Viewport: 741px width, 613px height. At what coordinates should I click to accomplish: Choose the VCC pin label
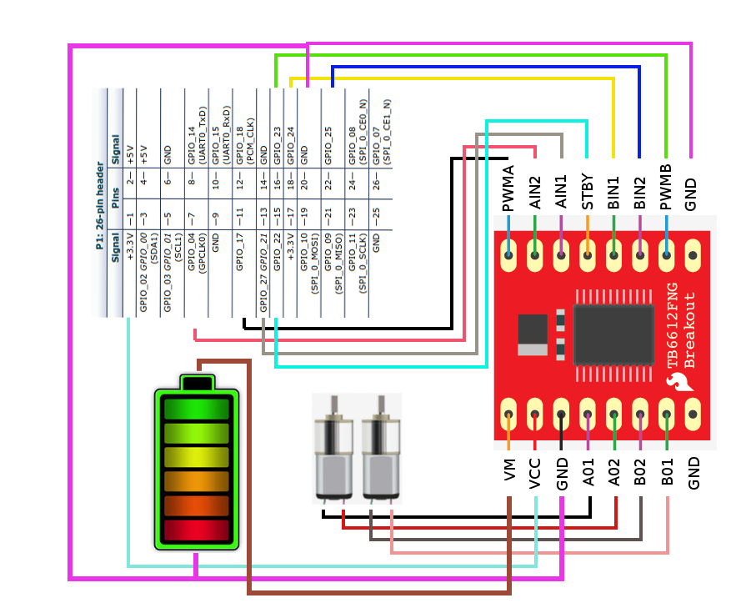[x=535, y=473]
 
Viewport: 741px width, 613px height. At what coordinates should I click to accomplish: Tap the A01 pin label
[x=588, y=473]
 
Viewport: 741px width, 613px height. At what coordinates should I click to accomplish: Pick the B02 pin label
[x=641, y=473]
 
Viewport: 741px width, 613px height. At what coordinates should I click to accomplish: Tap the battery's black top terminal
[x=198, y=383]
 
